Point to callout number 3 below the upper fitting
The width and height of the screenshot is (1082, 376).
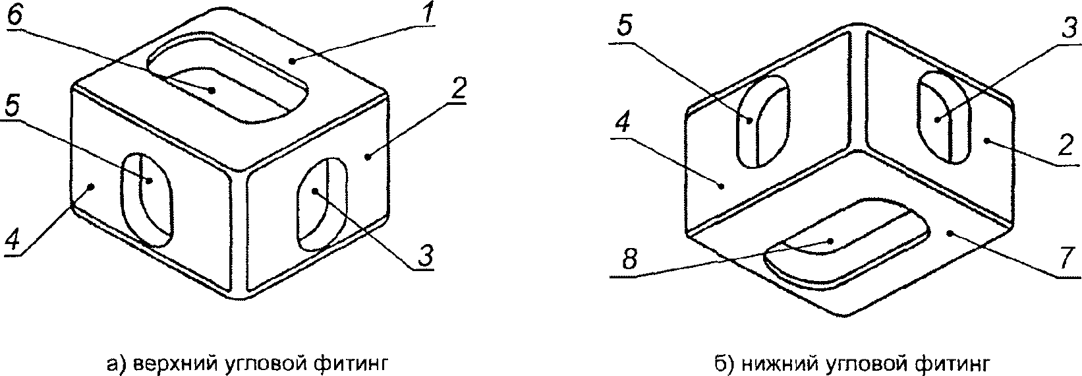(425, 255)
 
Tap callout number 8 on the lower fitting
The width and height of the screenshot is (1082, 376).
(630, 260)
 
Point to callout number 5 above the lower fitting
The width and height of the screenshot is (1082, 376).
(626, 27)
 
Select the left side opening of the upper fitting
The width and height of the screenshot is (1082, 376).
(148, 199)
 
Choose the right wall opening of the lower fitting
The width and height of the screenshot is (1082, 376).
(944, 117)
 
